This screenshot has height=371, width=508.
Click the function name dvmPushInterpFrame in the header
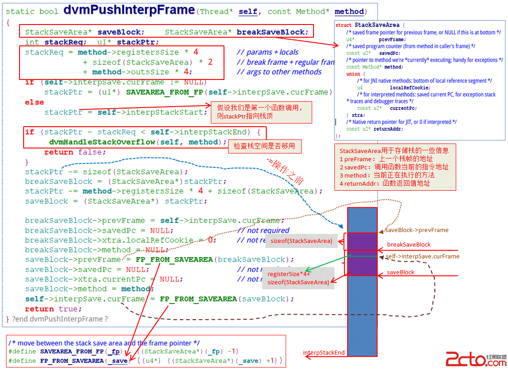click(129, 10)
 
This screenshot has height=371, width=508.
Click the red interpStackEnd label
click(324, 353)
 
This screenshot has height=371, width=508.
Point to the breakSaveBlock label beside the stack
click(408, 245)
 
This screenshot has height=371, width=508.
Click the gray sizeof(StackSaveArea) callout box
click(301, 241)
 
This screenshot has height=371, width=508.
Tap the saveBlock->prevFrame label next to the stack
click(416, 230)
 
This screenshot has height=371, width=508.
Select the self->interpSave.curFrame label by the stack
click(422, 257)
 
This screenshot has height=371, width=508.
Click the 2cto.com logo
click(475, 359)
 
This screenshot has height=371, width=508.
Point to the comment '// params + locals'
click(268, 52)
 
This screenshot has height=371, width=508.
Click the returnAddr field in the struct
click(389, 129)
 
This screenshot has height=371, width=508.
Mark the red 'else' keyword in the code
click(35, 102)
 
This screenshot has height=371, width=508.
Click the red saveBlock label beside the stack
click(400, 272)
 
